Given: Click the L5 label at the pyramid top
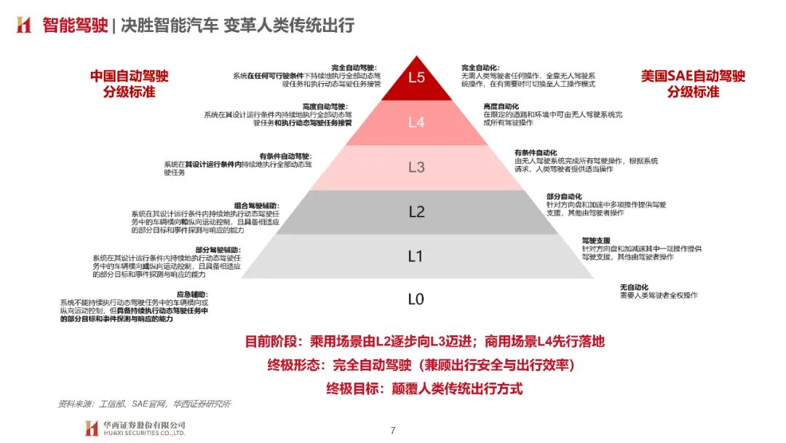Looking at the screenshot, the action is (416, 77).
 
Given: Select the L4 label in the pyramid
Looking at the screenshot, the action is (416, 122).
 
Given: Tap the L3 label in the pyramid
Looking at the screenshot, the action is (416, 167).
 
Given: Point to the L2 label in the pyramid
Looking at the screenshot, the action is (416, 212).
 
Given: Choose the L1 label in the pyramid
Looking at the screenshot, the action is (416, 256).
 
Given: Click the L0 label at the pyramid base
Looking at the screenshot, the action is (416, 299).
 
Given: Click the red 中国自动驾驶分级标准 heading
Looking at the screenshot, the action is (129, 83).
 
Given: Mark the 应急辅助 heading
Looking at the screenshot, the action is (192, 294).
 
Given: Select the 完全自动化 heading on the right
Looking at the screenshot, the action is (480, 67).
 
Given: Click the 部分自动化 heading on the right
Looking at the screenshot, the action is (564, 197).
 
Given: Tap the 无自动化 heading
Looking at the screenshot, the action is (634, 286).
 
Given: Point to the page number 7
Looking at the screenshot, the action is (393, 430).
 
